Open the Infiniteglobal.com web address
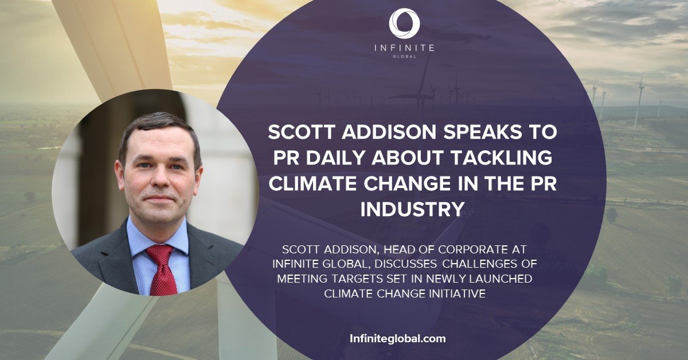[397, 338]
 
